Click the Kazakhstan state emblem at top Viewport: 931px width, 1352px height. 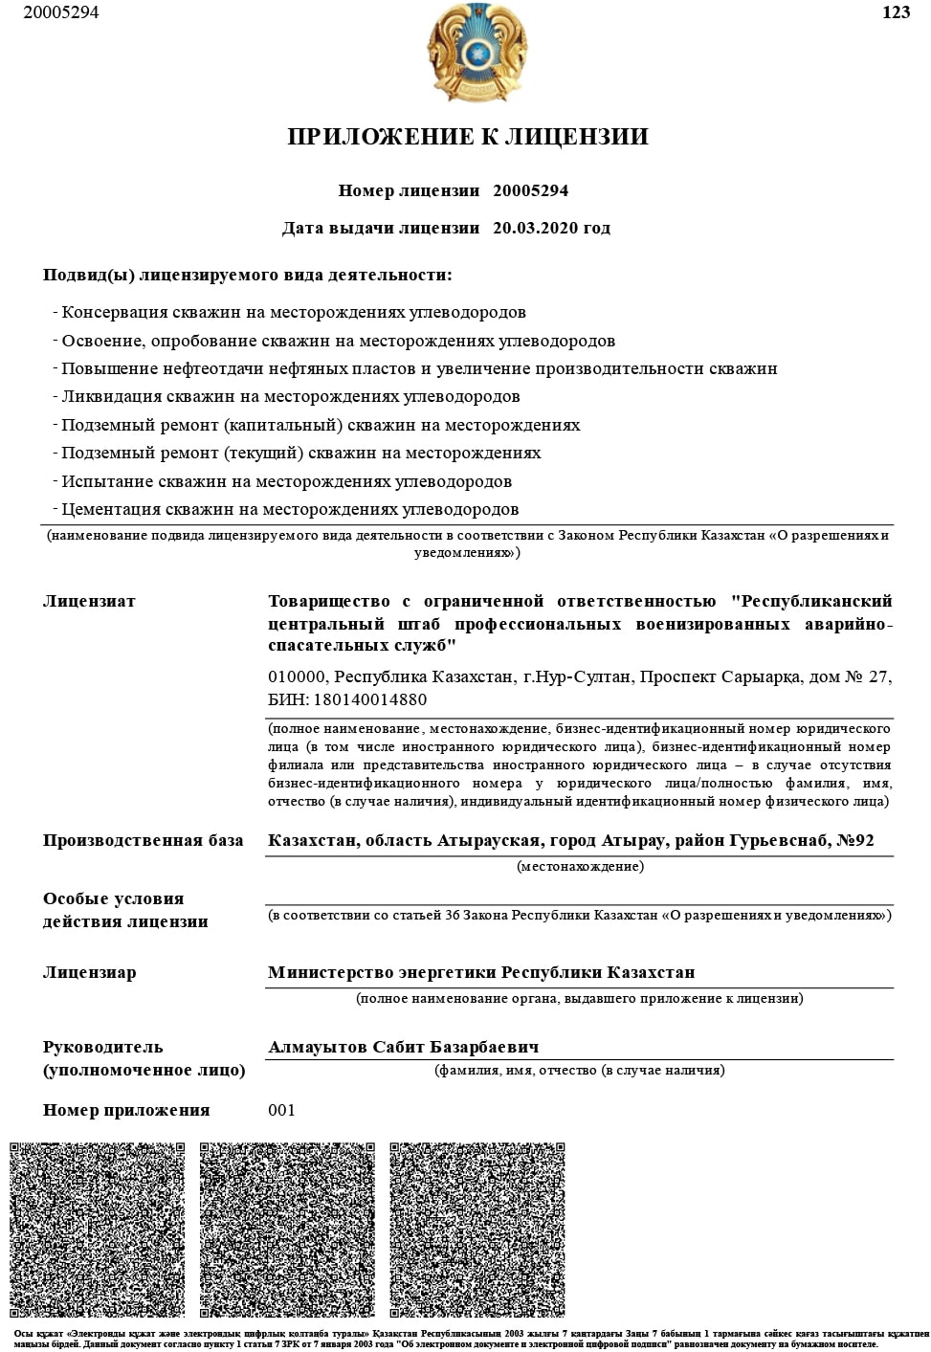476,53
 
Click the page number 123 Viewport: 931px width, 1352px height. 896,12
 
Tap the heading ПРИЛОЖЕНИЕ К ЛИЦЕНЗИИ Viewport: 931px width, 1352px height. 468,137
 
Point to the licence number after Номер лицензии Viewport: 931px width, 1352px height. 530,190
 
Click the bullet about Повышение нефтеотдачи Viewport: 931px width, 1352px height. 419,368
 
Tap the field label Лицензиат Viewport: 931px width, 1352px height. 89,601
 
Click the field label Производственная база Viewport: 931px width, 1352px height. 143,840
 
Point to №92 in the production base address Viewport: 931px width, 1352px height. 855,840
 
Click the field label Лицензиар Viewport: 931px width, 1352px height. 89,972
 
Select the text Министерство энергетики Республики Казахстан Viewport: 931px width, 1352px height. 481,972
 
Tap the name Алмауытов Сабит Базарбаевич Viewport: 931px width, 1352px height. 404,1047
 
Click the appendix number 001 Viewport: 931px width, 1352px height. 281,1110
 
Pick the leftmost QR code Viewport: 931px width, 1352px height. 98,1230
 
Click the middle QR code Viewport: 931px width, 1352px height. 287,1230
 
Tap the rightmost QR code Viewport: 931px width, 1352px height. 477,1230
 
